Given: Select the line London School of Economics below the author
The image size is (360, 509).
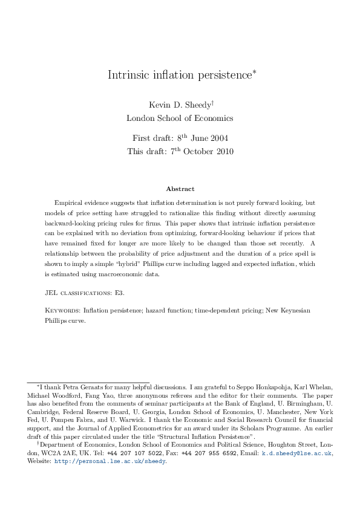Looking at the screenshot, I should [x=180, y=118].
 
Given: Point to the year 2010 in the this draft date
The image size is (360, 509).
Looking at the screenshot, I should [x=221, y=151].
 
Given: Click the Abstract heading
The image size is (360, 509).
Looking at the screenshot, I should [x=180, y=189].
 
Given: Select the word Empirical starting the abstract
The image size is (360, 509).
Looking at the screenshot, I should [x=69, y=203].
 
